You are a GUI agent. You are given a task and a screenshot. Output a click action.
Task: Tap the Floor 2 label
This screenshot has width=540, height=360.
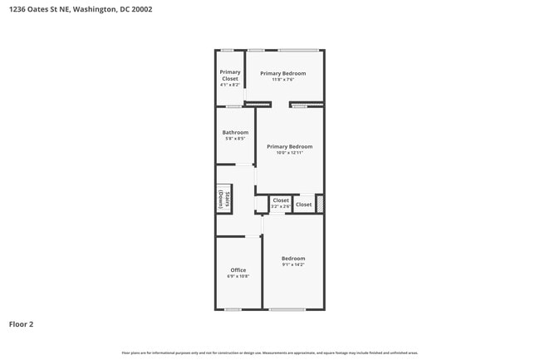(22, 324)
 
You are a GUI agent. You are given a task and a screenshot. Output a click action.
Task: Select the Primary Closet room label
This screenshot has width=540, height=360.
(230, 76)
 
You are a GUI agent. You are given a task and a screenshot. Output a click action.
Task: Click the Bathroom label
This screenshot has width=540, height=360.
(235, 132)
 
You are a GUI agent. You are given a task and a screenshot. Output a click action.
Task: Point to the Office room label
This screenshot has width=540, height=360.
(238, 270)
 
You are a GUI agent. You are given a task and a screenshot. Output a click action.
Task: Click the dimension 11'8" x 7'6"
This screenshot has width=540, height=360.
(282, 80)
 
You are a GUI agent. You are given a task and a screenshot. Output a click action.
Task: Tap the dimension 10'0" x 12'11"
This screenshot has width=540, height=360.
(289, 153)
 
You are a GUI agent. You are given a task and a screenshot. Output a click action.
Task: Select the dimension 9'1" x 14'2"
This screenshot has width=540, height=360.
(293, 264)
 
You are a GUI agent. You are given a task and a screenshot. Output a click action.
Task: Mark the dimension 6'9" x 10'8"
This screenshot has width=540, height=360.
(238, 276)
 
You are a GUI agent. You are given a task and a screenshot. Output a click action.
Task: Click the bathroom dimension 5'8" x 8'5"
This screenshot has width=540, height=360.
(235, 139)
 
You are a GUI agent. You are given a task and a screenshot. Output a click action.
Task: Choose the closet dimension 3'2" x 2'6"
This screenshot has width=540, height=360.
(281, 206)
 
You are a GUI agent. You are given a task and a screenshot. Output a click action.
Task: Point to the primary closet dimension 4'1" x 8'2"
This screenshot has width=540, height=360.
(230, 85)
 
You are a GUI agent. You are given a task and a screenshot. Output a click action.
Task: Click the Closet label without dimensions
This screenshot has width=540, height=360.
(304, 205)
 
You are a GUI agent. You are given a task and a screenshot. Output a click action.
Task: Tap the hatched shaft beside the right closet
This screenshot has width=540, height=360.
(320, 203)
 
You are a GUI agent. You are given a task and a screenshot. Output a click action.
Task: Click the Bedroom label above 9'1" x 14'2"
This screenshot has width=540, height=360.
(293, 259)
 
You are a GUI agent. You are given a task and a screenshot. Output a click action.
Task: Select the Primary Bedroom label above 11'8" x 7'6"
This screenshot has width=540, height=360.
(282, 73)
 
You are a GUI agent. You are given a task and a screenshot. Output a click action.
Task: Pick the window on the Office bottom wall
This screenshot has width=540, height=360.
(233, 310)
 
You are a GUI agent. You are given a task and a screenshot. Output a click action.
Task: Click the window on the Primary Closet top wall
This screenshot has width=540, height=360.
(226, 50)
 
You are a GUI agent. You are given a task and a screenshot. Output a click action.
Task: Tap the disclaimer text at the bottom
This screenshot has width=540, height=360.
(269, 353)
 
